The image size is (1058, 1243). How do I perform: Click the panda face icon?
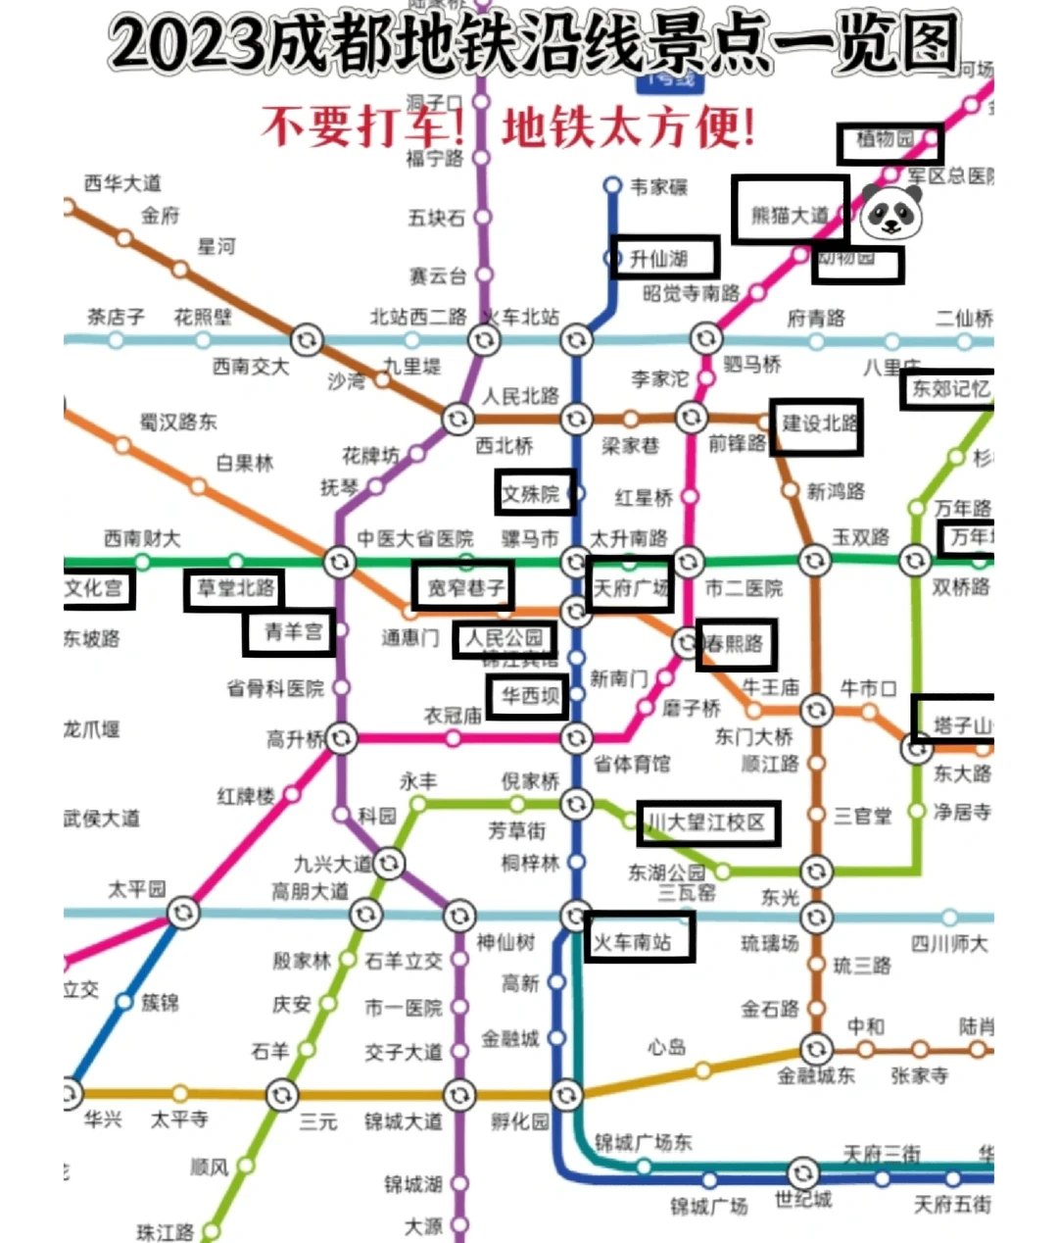890,212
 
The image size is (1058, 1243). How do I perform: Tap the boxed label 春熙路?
737,644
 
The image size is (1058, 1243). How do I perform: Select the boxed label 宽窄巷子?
464,587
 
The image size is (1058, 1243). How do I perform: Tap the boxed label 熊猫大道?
790,212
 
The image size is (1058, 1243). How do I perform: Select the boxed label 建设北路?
817,425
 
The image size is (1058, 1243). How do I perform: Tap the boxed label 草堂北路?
234,589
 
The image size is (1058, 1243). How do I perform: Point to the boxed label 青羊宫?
290,633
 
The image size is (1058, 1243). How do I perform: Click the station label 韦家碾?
658,186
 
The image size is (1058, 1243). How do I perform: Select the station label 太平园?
136,889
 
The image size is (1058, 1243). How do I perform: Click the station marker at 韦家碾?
612,185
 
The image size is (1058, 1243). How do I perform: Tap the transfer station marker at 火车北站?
483,340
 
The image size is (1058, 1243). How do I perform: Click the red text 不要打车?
362,126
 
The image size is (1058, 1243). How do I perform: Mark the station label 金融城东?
815,1075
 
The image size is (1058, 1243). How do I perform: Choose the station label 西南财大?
142,538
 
